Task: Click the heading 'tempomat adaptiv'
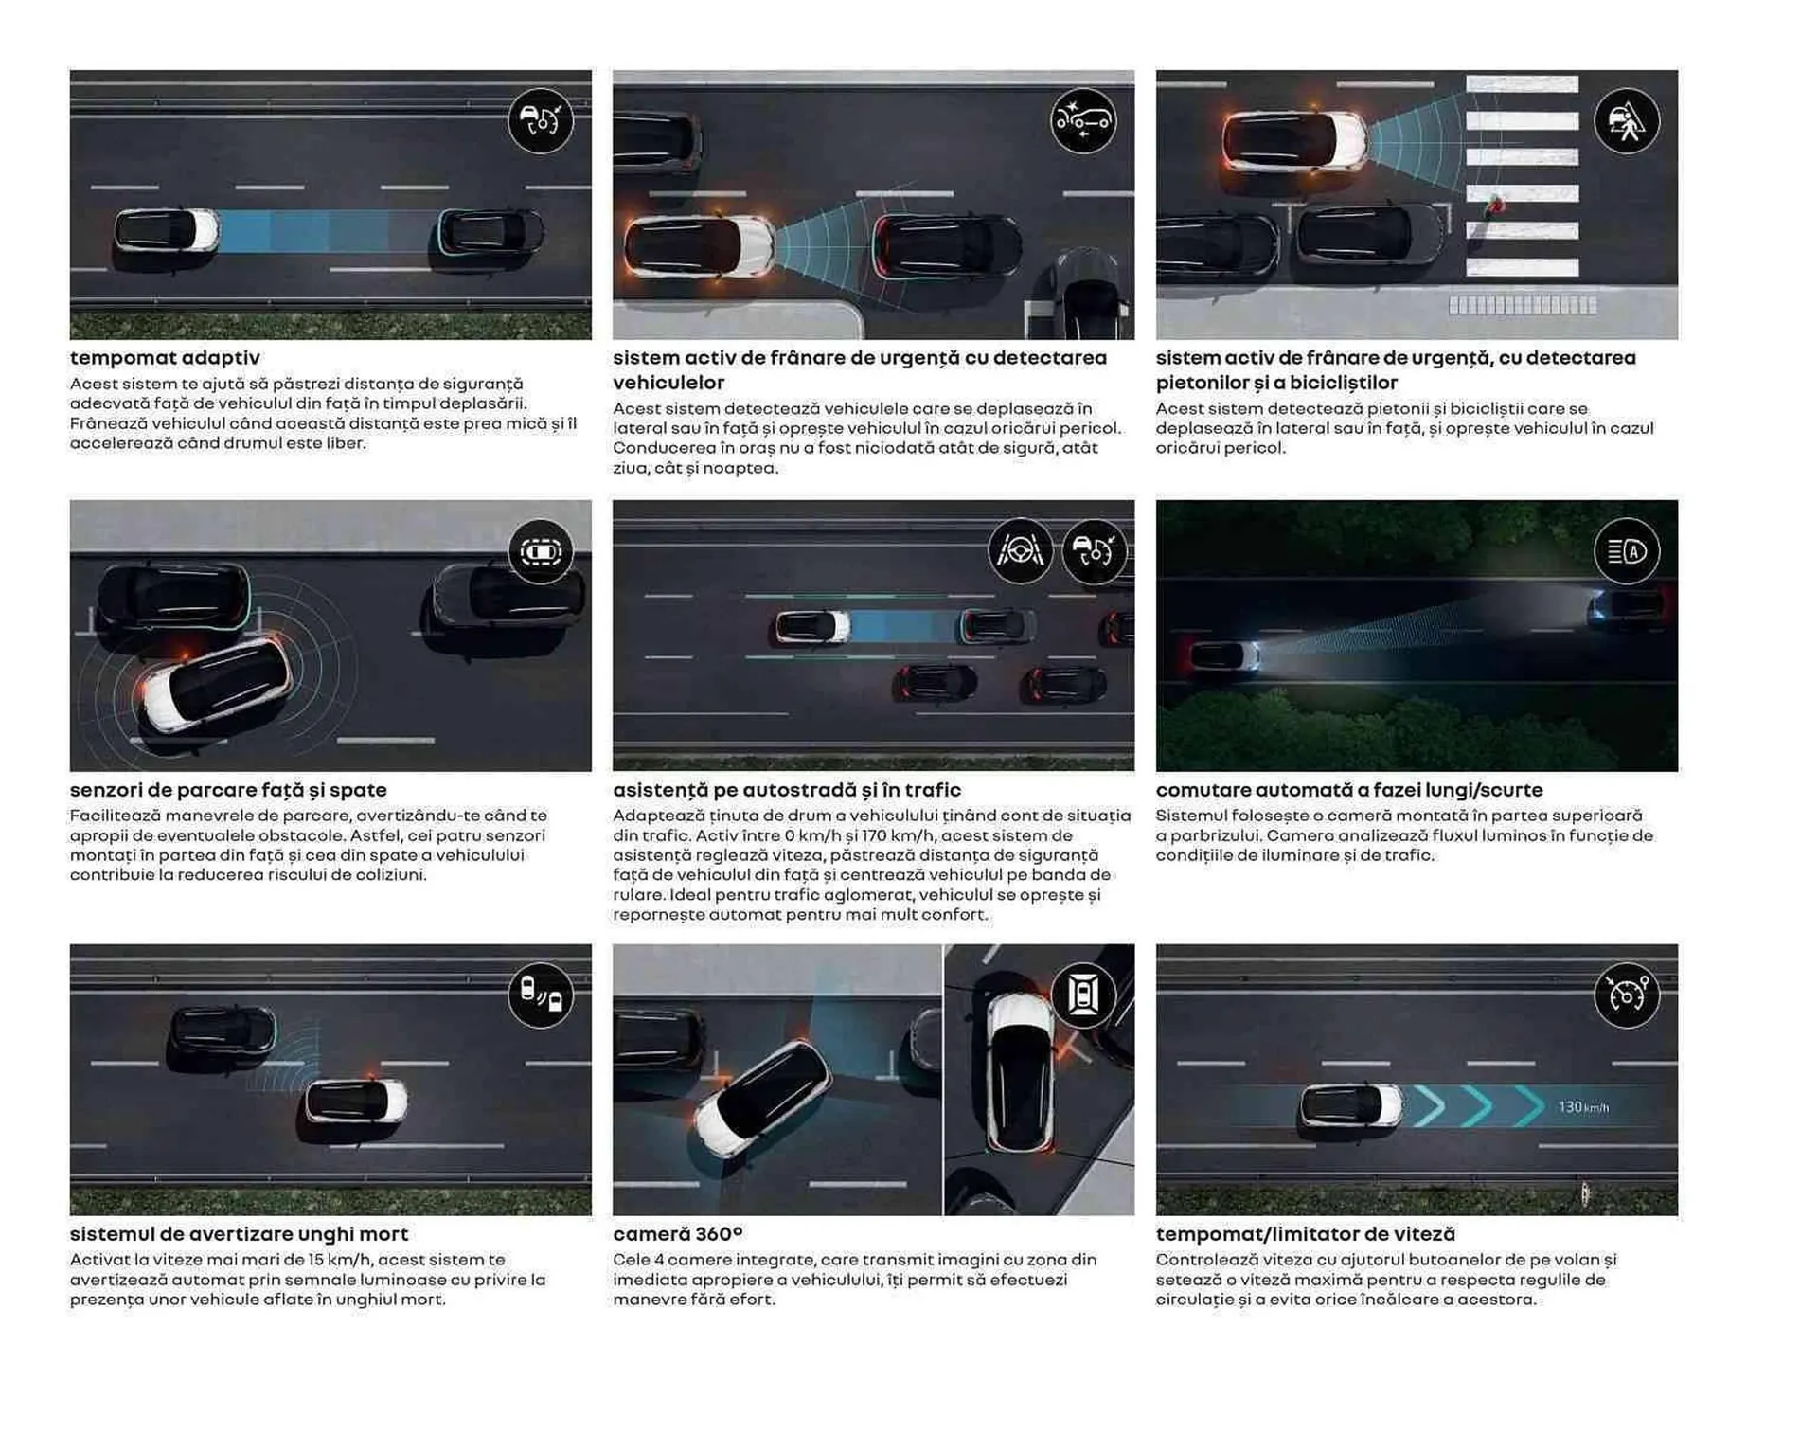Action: [165, 358]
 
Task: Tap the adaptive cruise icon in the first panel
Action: [541, 120]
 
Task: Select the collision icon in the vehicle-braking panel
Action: [1083, 120]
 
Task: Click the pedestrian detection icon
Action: [1626, 120]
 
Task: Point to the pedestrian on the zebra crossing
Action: [1496, 204]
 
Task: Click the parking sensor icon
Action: [541, 551]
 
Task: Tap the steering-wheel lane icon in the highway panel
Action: [1020, 550]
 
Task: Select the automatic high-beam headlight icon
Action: [1626, 551]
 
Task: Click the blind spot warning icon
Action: [541, 995]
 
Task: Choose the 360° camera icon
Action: [1083, 995]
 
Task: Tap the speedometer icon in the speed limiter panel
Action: [1626, 995]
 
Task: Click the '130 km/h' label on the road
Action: [1582, 1107]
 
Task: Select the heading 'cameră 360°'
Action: [677, 1234]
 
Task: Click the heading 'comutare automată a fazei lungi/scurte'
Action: [1348, 790]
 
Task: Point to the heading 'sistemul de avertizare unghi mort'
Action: [239, 1234]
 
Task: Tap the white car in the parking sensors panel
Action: [216, 683]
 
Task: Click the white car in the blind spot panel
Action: [356, 1101]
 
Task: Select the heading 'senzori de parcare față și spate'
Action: [228, 790]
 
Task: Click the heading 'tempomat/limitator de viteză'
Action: [1305, 1234]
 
